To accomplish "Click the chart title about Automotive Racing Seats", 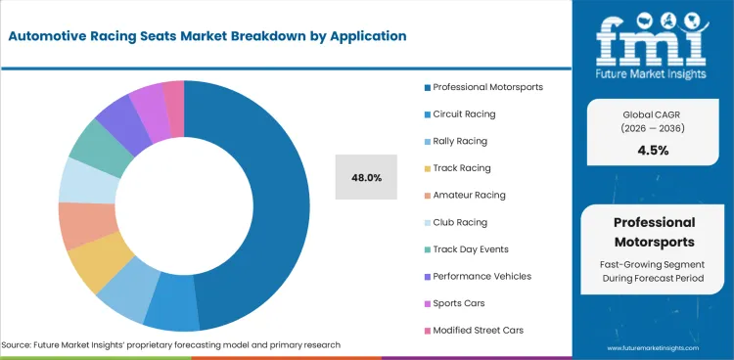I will (x=206, y=36).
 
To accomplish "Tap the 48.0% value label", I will (x=366, y=177).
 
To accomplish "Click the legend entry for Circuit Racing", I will (x=464, y=113).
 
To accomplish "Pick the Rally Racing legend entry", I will (x=459, y=141).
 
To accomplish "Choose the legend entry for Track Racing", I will (x=461, y=168).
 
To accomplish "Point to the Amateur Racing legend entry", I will (x=469, y=195).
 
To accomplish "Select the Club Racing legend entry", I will (x=459, y=222).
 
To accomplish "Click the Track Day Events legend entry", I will (x=470, y=249).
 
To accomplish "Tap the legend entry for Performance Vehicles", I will (x=482, y=276).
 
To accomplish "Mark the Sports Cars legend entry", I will (x=458, y=303).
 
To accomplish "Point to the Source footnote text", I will (x=171, y=345).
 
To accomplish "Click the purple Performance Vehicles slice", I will (x=115, y=122).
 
